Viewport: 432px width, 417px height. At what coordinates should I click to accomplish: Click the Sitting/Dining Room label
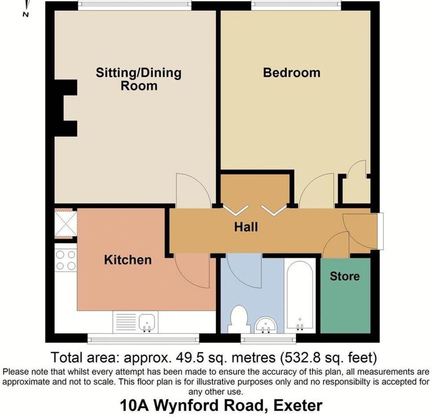[x=139, y=79]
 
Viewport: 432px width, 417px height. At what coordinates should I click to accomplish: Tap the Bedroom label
[x=292, y=73]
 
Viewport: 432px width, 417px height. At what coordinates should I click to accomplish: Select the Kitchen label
[x=128, y=260]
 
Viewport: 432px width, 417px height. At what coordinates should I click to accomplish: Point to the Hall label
[x=246, y=227]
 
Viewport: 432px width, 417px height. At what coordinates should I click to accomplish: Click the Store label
[x=345, y=276]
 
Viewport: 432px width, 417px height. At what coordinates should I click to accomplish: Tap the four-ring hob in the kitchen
[x=66, y=260]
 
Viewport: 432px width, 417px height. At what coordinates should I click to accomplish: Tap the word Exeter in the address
[x=298, y=405]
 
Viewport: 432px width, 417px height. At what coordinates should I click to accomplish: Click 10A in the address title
[x=134, y=405]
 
